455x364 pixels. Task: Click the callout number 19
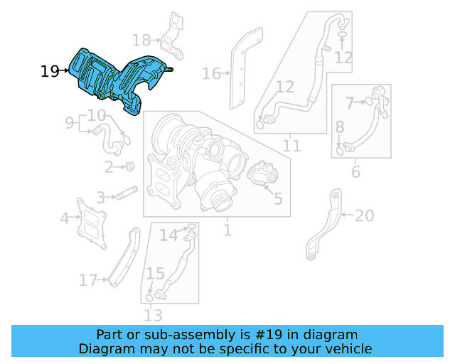tap(50, 71)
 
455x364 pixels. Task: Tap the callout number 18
tap(141, 41)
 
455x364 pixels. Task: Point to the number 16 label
tap(211, 73)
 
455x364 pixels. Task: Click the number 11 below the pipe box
tap(291, 146)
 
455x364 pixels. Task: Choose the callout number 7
tap(350, 104)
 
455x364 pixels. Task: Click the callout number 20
tap(364, 215)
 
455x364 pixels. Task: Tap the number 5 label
tap(277, 198)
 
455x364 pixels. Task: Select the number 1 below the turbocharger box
tap(227, 230)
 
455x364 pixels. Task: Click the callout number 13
tap(153, 315)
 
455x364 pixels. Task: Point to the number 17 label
tap(88, 281)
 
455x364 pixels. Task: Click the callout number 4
tap(65, 218)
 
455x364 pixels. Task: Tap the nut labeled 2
tap(130, 167)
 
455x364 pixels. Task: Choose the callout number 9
tap(69, 123)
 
